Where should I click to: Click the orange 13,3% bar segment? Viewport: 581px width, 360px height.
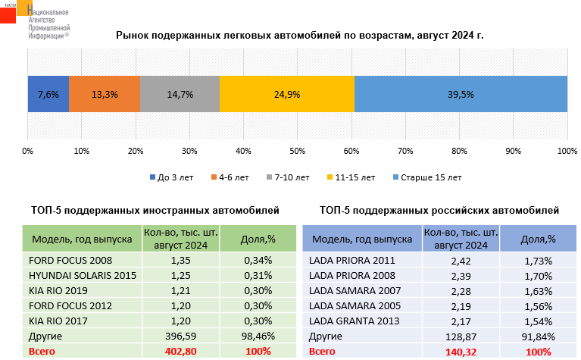coord(105,95)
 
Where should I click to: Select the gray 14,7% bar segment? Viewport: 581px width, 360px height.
coord(180,95)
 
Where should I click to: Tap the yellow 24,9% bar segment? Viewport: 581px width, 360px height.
coord(287,95)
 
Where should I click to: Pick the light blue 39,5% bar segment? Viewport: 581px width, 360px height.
coord(461,95)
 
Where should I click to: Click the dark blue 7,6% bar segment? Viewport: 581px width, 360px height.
coord(48,95)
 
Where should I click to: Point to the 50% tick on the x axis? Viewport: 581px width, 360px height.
coord(298,151)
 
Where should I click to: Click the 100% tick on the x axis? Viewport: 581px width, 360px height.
coord(567,151)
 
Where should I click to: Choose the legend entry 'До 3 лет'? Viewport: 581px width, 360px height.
coord(176,177)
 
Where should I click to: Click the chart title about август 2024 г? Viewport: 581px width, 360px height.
coord(299,35)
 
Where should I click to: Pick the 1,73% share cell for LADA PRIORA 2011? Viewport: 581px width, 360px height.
coord(539,260)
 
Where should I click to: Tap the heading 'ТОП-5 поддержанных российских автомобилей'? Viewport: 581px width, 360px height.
coord(439,210)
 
